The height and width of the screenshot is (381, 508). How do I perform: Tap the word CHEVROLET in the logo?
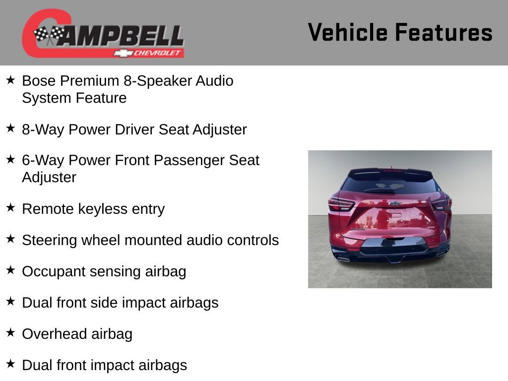(x=158, y=53)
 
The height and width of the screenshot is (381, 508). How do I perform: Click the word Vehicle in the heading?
(x=347, y=32)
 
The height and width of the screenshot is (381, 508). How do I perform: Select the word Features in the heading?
(x=444, y=32)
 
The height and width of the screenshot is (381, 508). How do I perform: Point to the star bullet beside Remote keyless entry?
(x=10, y=208)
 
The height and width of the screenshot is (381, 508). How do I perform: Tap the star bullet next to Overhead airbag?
(x=10, y=333)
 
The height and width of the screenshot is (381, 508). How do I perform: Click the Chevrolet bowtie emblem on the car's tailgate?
(x=395, y=203)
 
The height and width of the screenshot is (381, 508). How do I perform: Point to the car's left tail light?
(x=341, y=203)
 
